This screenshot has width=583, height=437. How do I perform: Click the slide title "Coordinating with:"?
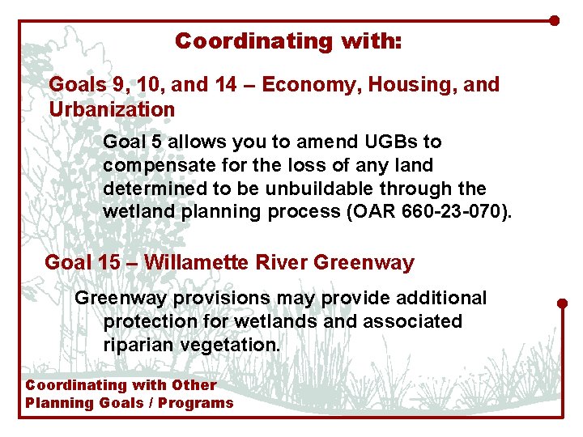pyautogui.click(x=288, y=40)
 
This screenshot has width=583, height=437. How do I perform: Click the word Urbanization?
pyautogui.click(x=112, y=108)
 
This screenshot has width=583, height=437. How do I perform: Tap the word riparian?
pyautogui.click(x=137, y=345)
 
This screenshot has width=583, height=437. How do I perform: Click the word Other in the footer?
pyautogui.click(x=194, y=385)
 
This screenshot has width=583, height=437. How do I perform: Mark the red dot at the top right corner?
pyautogui.click(x=554, y=20)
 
